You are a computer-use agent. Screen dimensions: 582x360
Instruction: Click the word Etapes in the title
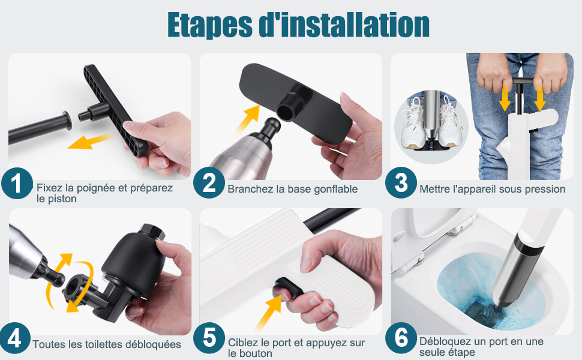pos(210,25)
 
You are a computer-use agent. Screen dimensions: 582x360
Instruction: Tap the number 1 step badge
pos(17,183)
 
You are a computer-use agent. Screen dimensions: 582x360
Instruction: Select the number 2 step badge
pos(209,182)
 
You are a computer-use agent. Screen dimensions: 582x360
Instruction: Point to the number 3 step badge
pos(401,182)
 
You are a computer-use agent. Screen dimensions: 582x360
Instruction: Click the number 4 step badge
pos(14,338)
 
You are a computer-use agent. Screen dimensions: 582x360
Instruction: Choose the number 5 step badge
pos(209,338)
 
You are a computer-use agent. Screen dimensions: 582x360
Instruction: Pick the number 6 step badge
pos(401,338)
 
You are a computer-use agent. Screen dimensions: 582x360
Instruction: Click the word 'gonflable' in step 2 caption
pos(335,189)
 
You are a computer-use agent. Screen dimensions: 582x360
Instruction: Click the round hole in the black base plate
pos(286,110)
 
